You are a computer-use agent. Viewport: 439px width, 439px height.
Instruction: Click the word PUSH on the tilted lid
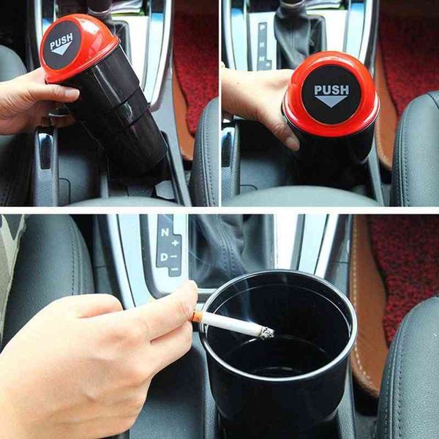[x=62, y=38]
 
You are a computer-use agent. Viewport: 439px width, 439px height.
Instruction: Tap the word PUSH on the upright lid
[x=331, y=90]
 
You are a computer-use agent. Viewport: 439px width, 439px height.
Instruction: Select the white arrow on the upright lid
[x=331, y=102]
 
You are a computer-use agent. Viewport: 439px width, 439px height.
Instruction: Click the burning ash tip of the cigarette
[x=267, y=333]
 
